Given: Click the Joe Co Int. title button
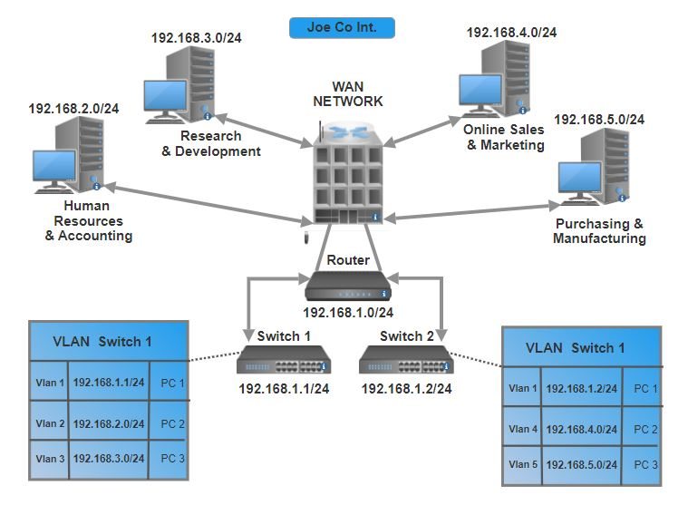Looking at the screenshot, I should [x=343, y=27].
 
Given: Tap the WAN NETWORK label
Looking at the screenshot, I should [x=348, y=93].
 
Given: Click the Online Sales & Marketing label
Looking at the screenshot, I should [x=504, y=137].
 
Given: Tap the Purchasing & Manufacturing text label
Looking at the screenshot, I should [x=599, y=231].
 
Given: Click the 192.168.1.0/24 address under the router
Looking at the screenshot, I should [x=348, y=313].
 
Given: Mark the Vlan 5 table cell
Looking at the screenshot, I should [x=522, y=464].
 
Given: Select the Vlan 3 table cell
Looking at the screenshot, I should [x=49, y=459].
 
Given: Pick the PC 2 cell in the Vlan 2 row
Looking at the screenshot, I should [x=172, y=423].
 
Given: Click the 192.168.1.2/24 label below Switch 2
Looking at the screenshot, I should [x=406, y=388].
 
